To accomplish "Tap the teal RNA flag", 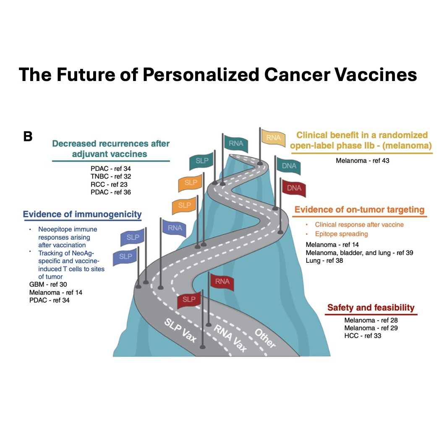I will point(235,144).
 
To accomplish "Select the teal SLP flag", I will point(201,162).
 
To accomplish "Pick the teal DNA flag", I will point(289,166).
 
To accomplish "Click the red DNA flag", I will point(294,188).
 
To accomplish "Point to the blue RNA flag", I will point(175,228).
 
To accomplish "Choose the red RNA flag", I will point(222,282).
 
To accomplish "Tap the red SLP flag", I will point(189,299).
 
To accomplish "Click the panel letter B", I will point(28,136).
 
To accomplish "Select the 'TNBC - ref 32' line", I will point(110,177).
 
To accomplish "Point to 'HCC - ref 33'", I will point(362,336).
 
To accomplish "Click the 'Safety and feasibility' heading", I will point(371,307).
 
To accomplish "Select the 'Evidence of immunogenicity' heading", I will point(82,214).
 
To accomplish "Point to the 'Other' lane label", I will point(265,338).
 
